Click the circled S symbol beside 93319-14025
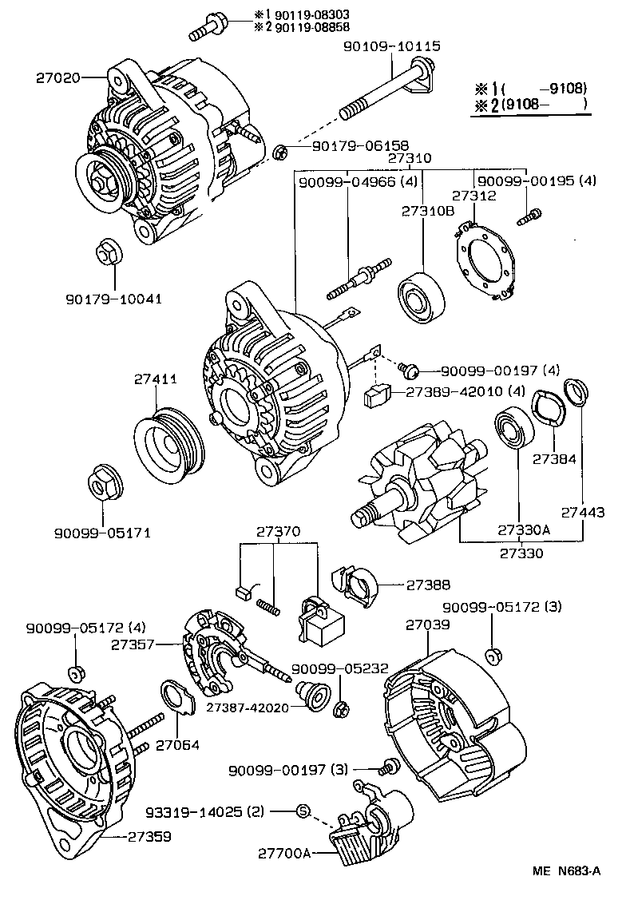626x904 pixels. [x=303, y=811]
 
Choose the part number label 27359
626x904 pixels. [x=149, y=837]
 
